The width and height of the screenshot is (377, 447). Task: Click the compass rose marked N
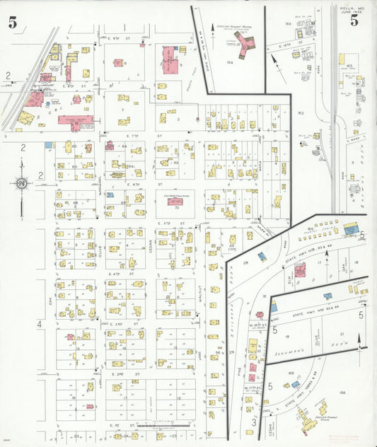[22, 184]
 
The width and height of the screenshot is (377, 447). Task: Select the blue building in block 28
[262, 256]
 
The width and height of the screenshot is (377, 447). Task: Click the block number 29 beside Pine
[231, 352]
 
